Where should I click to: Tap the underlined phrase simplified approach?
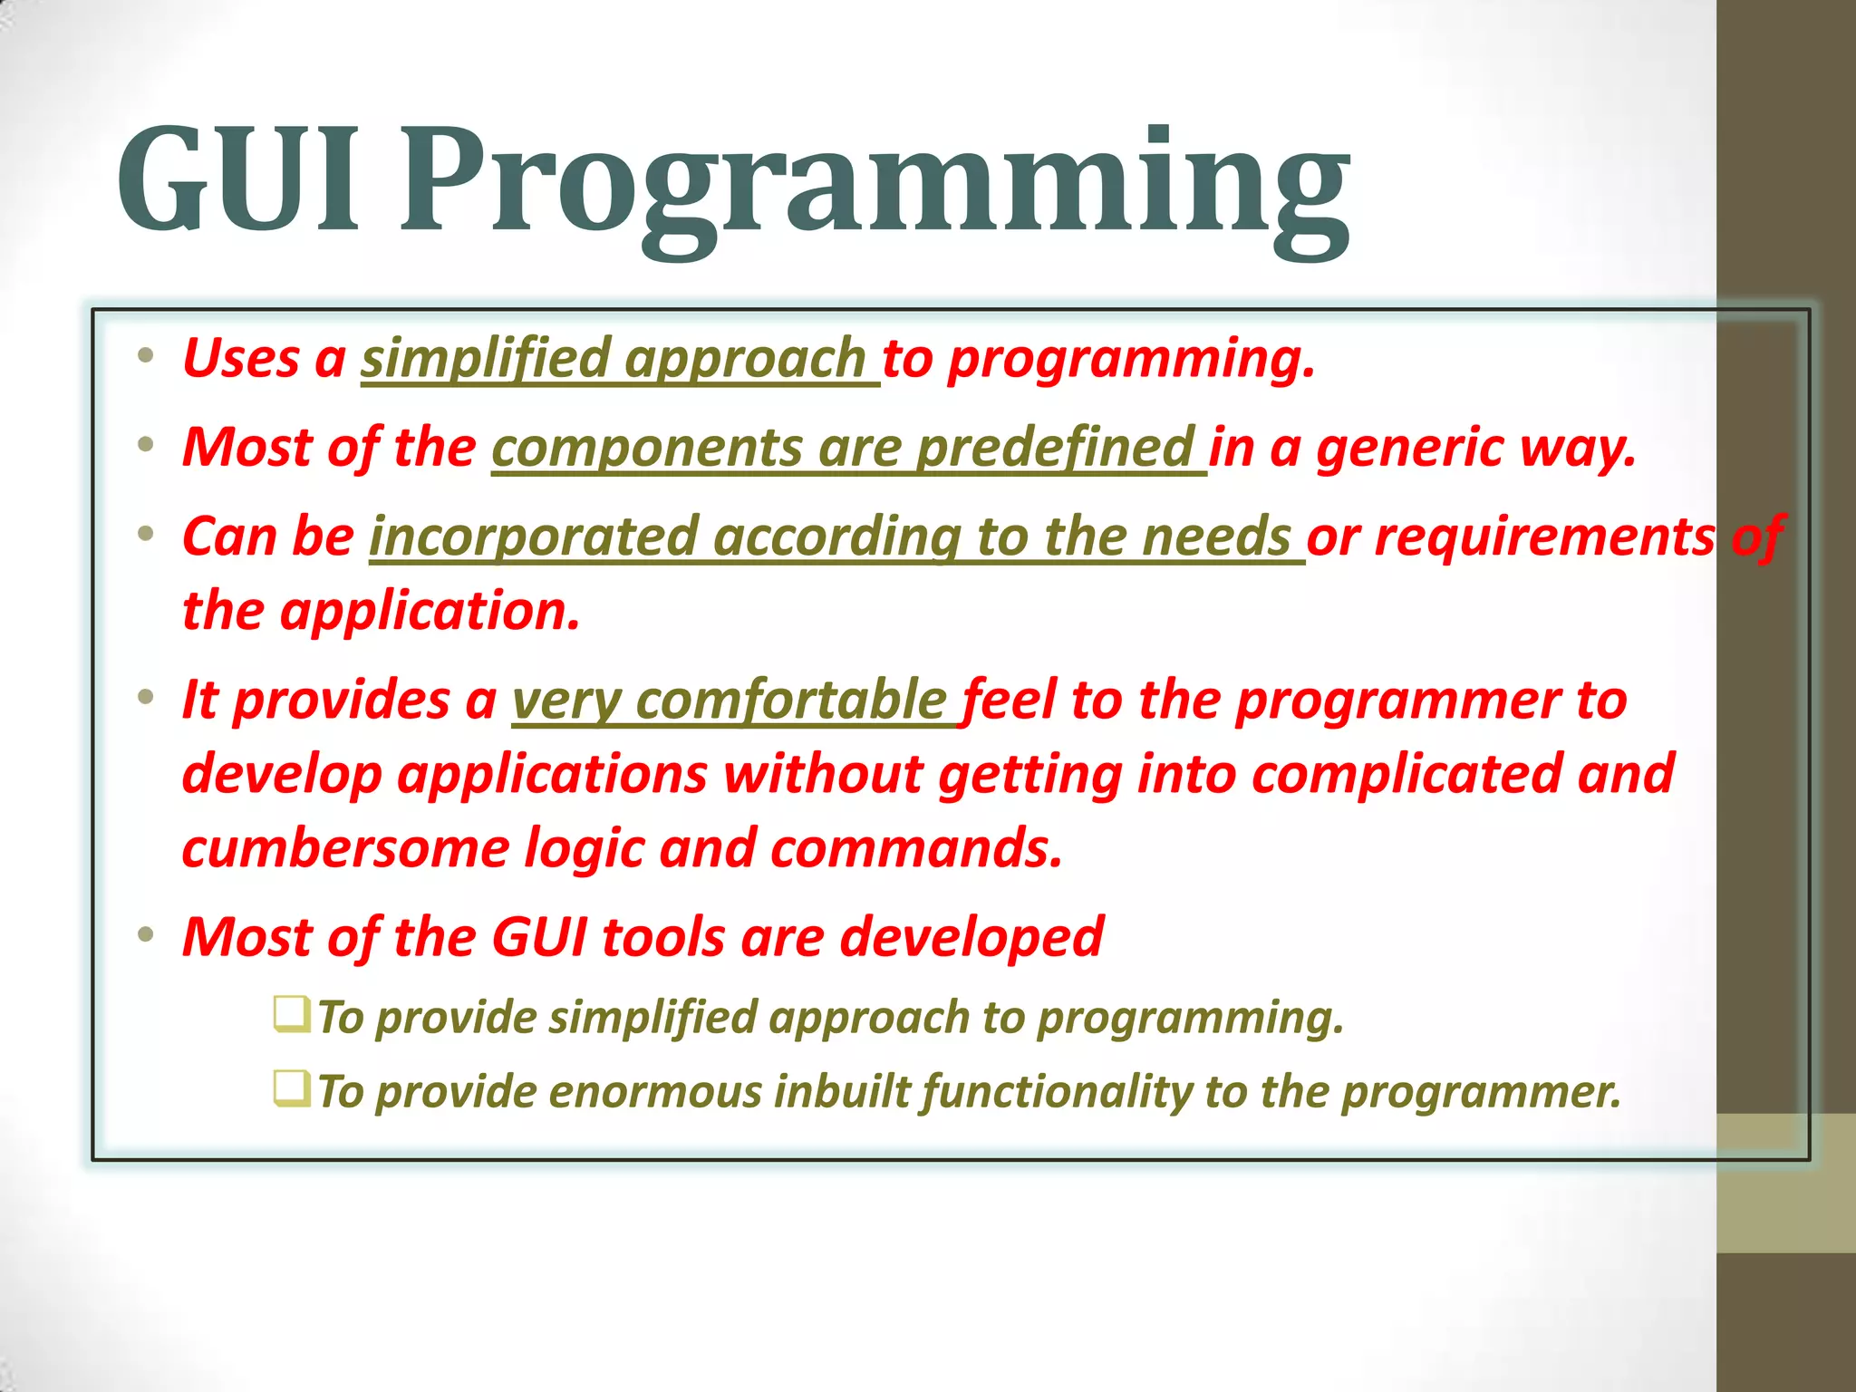614,358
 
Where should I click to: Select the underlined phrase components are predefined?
843,448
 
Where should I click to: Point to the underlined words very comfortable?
730,701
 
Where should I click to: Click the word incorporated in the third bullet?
534,536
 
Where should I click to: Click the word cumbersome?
345,849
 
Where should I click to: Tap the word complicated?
1406,775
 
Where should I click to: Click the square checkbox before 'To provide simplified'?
291,1013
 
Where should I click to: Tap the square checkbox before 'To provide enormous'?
291,1087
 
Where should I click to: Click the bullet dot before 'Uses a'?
146,355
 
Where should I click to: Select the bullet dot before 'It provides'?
146,698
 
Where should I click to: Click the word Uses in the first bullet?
240,358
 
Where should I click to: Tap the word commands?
915,849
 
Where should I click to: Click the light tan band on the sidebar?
1785,1183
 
